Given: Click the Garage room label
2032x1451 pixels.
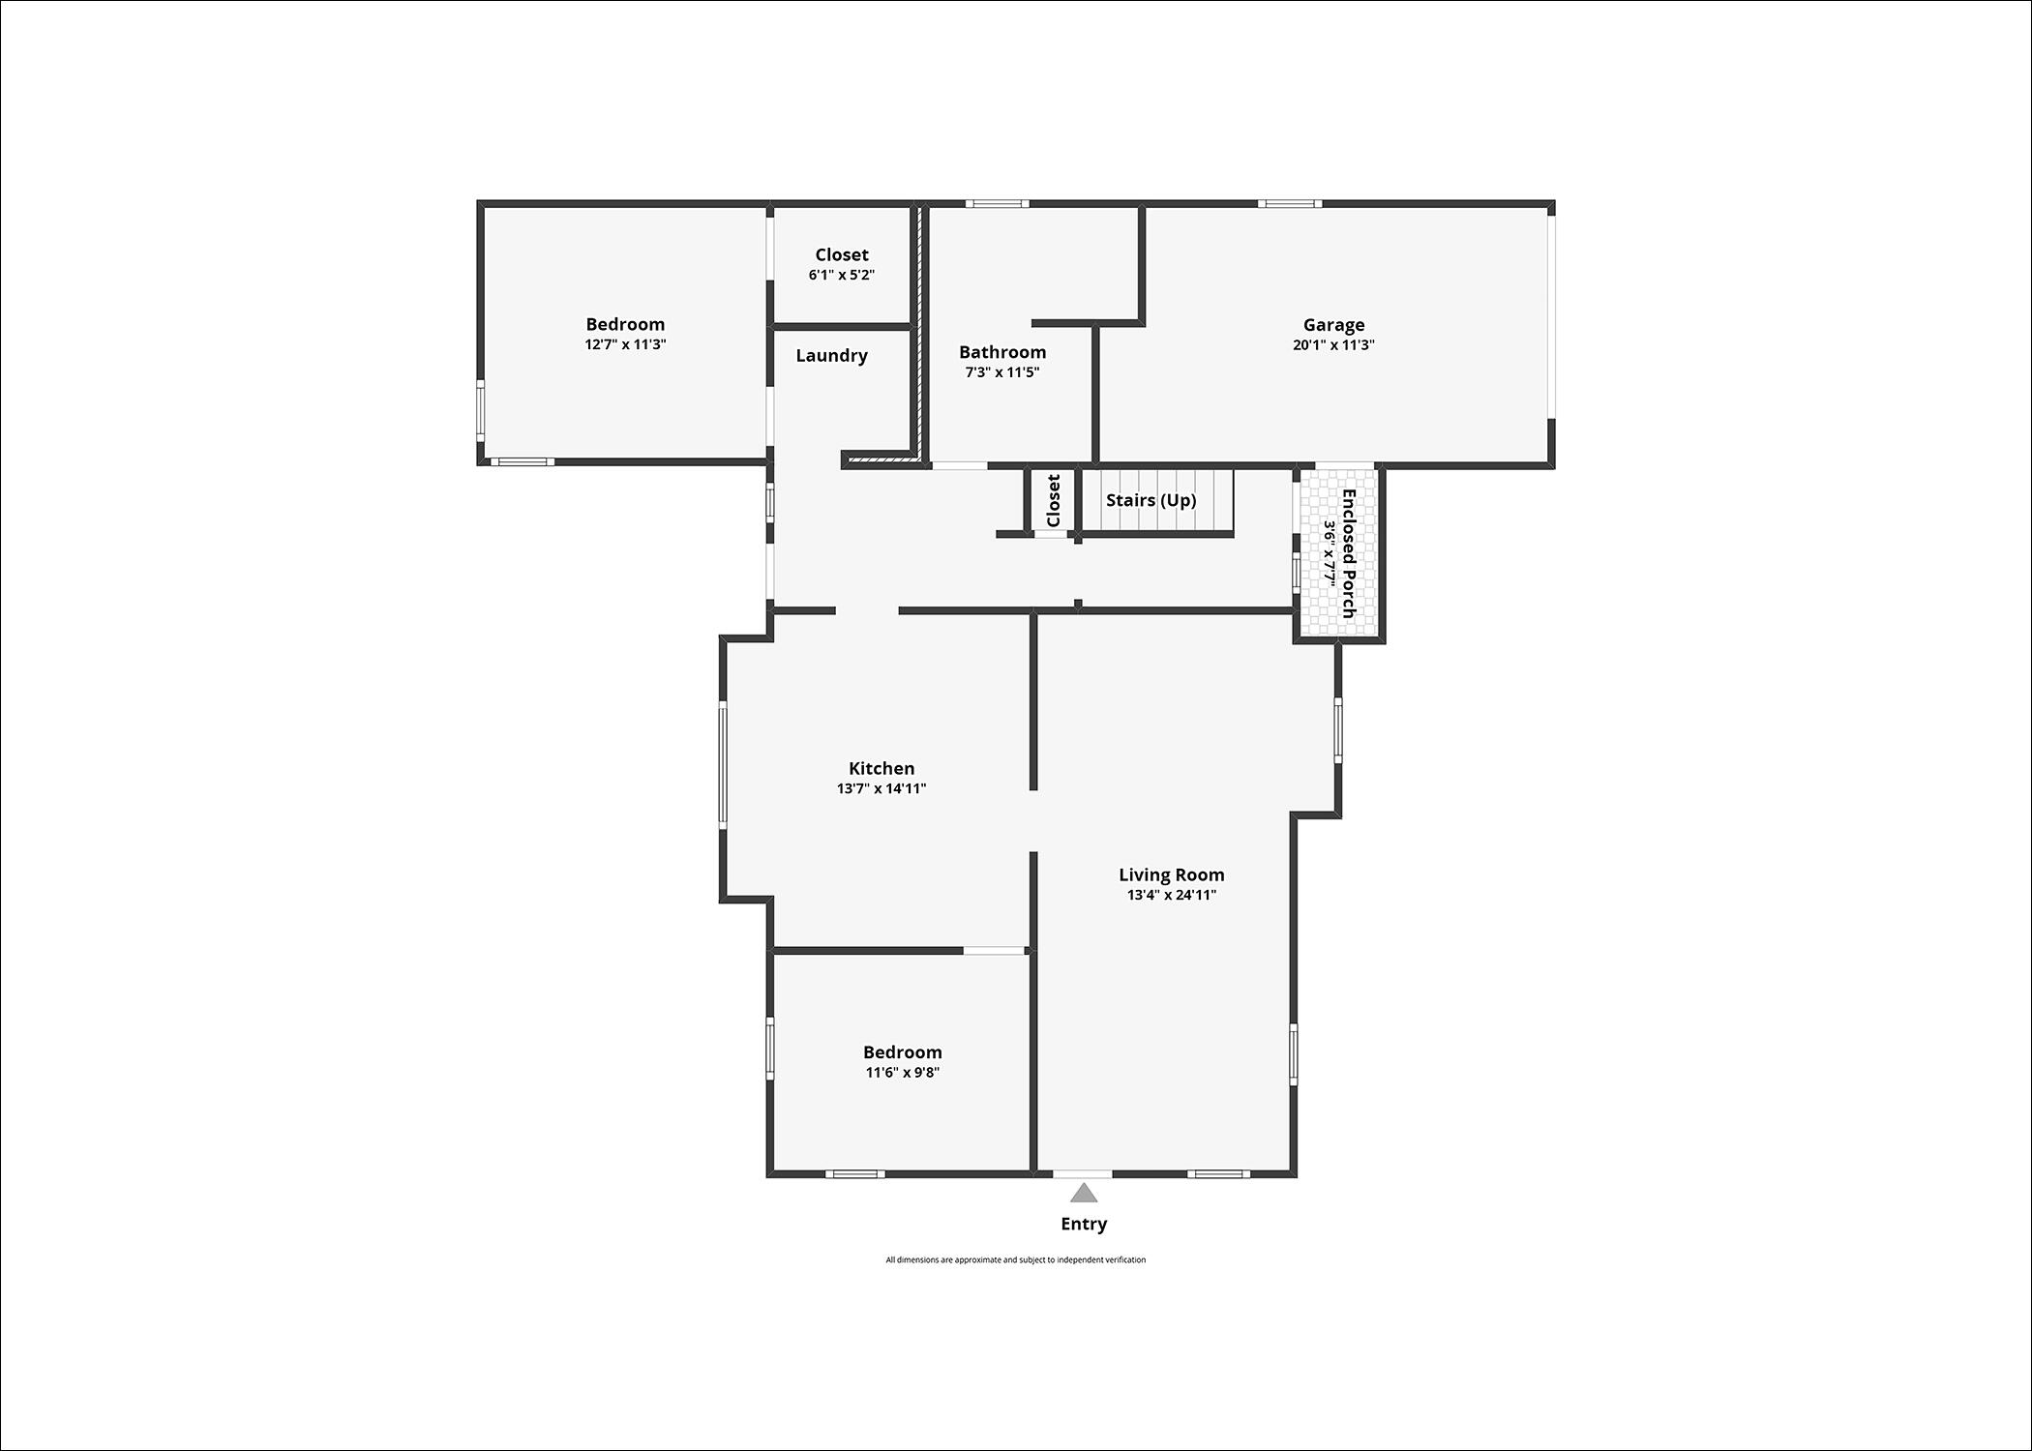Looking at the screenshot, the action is (1333, 325).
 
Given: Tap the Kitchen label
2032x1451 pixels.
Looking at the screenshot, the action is (882, 768).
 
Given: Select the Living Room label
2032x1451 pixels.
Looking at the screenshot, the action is (1172, 874).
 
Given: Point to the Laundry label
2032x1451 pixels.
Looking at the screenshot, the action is (832, 356).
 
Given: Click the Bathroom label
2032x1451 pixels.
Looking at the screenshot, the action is (1002, 352).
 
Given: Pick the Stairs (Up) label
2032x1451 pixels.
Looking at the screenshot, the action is (1151, 500).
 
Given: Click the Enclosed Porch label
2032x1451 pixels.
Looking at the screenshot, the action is (1348, 553).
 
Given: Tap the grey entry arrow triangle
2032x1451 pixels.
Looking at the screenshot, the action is (1084, 1193).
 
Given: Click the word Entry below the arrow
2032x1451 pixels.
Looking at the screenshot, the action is (1084, 1224).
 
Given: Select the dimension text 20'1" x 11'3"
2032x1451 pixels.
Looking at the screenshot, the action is (1333, 345).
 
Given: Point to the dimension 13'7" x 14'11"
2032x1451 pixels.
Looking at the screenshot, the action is (882, 788).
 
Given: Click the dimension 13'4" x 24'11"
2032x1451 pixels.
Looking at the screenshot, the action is (1172, 895).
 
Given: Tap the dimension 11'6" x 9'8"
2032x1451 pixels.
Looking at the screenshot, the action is (903, 1072).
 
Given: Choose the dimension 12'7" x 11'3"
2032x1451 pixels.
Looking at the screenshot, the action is (625, 344).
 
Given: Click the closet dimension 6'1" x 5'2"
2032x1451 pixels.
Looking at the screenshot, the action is (842, 275).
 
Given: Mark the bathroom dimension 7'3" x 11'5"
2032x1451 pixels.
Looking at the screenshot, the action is (1002, 372).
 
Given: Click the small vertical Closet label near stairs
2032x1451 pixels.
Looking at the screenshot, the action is (1054, 500).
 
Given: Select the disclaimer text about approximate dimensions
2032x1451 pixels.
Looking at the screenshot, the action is (1016, 1259).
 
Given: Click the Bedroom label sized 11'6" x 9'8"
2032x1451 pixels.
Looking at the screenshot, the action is (903, 1052).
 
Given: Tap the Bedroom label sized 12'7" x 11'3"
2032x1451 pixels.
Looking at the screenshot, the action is (625, 324).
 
